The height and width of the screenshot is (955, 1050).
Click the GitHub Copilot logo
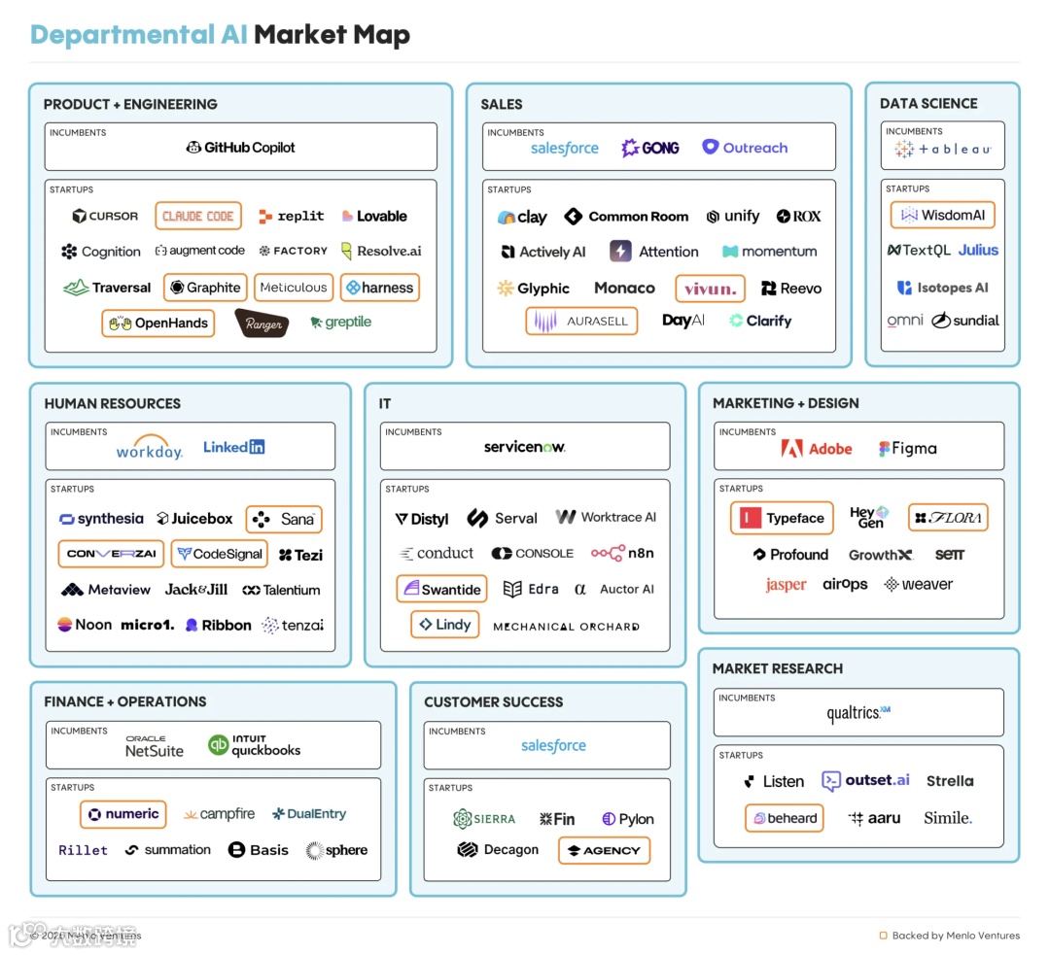[241, 148]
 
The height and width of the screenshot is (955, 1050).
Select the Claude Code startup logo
[198, 216]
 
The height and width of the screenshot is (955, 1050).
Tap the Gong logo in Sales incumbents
[650, 148]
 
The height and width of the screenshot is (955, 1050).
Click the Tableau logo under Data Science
[942, 150]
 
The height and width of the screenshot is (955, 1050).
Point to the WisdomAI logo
[942, 215]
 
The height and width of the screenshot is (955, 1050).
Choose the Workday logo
[149, 448]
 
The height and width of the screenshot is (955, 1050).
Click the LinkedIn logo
[233, 447]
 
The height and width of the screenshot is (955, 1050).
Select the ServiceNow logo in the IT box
[524, 447]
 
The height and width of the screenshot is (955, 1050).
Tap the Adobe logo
[817, 449]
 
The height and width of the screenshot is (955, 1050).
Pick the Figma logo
[908, 449]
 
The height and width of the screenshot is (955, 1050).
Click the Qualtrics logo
[858, 713]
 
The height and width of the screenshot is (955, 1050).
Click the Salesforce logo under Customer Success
[553, 745]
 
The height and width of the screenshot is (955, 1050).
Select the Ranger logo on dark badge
[262, 324]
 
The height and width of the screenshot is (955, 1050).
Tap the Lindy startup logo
[445, 625]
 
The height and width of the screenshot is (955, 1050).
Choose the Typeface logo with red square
[782, 518]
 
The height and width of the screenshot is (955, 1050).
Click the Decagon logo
[498, 850]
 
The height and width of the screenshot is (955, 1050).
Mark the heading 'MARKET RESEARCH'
[778, 668]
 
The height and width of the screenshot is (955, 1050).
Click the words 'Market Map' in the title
[332, 35]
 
